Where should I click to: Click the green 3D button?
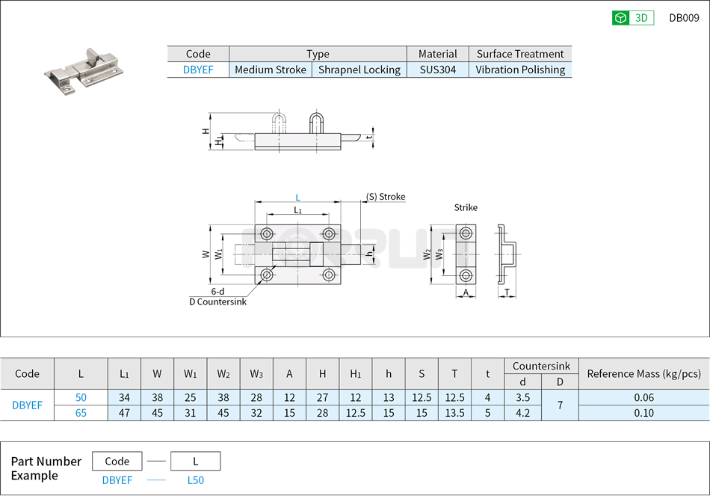pos(633,18)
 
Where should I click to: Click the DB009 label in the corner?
pos(684,18)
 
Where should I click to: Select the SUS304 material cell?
pos(437,70)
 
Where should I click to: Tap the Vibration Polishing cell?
pos(520,70)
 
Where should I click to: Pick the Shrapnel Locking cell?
pos(359,70)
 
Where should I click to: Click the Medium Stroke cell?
pos(271,70)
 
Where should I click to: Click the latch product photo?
pos(82,72)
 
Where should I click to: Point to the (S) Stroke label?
pos(386,197)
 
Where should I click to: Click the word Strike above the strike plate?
pos(466,207)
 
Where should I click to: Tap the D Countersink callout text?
pos(217,301)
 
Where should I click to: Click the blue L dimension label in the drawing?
pos(297,198)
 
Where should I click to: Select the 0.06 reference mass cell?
pos(643,398)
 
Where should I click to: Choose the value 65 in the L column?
pos(81,413)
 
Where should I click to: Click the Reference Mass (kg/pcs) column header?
pos(643,374)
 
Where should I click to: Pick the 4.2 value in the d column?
pos(522,413)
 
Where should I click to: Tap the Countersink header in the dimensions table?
pos(541,366)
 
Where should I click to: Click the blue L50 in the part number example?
pos(195,480)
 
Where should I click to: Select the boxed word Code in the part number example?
pos(117,461)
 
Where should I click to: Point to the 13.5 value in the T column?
pos(454,413)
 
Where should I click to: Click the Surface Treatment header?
pos(520,54)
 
